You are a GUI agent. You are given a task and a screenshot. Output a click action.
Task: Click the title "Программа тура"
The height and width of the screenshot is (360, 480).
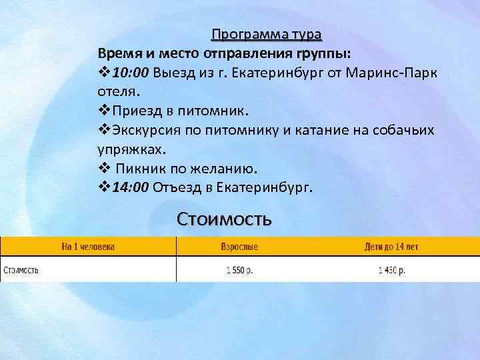pos(266,34)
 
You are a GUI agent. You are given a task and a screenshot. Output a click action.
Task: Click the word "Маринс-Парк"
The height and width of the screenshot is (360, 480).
pos(393,72)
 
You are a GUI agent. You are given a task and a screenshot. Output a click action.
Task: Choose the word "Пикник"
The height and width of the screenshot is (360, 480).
pos(142,166)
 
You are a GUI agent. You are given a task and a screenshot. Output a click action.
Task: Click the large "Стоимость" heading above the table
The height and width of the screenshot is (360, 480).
pos(223,219)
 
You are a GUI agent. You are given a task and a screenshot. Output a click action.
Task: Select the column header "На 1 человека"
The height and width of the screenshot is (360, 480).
pos(88,247)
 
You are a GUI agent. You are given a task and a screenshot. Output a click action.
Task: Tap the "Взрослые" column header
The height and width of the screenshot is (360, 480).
pos(239,247)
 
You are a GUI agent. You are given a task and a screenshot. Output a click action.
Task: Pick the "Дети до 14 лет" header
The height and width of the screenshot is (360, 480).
pos(391,247)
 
